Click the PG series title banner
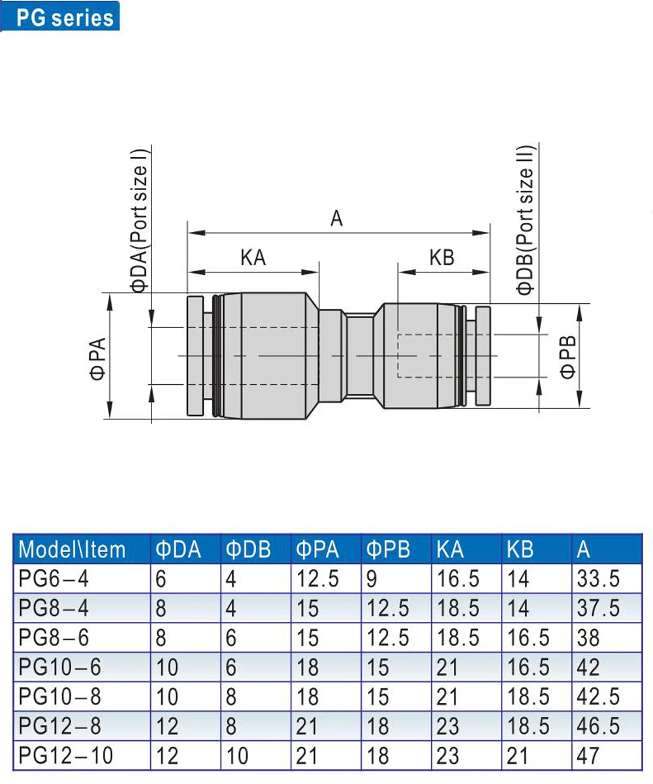click(x=60, y=16)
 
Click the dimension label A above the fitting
click(x=337, y=218)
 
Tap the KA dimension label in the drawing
click(x=253, y=257)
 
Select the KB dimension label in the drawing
click(x=441, y=257)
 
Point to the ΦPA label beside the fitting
click(x=98, y=359)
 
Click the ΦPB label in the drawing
click(x=567, y=357)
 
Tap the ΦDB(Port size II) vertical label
click(x=526, y=221)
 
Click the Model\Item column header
click(x=72, y=549)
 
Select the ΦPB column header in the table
click(x=388, y=549)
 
